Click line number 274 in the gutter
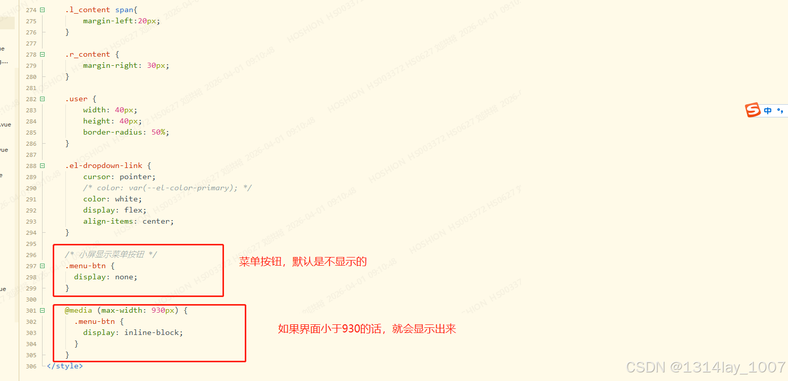point(31,10)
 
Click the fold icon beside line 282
point(42,99)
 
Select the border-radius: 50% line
point(126,132)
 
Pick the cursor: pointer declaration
point(119,177)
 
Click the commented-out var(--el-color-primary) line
point(167,188)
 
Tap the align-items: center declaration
point(128,221)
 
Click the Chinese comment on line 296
point(110,255)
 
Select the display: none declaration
point(105,277)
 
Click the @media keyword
point(78,310)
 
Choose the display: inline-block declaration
point(133,332)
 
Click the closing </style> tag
point(64,366)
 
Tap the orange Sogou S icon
point(753,110)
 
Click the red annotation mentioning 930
point(367,329)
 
